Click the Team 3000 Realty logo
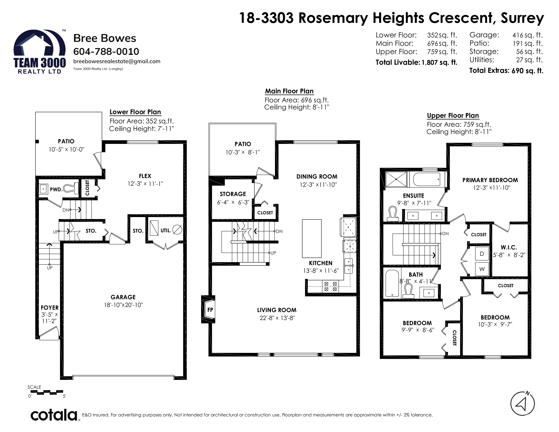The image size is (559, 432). tap(39, 52)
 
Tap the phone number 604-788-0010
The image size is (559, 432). tap(106, 52)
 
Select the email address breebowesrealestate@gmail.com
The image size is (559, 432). tap(117, 61)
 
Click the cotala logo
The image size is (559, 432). tap(54, 415)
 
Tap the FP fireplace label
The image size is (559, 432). tap(210, 310)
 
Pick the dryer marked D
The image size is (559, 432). tap(482, 254)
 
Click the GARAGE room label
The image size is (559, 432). tap(123, 297)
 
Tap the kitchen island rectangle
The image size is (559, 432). tap(312, 238)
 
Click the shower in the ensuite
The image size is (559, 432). tap(396, 179)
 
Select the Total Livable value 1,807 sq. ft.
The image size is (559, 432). tap(439, 63)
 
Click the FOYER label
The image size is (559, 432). tap(50, 308)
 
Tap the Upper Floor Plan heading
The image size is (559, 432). tap(453, 116)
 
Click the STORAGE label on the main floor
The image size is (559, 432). tap(233, 194)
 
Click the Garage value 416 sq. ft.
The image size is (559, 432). tap(527, 35)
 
